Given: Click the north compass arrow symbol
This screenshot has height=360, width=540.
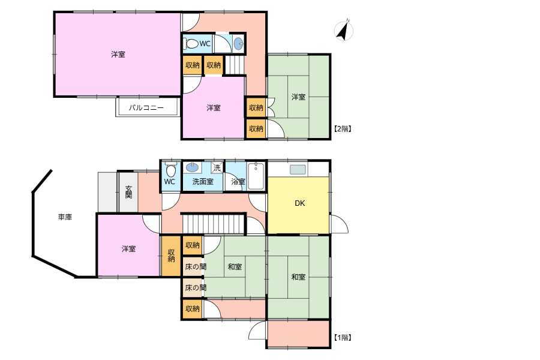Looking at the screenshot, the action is (343, 31).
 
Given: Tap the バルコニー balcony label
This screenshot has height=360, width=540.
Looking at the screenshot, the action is (146, 108).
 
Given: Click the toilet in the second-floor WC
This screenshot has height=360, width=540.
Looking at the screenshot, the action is (190, 44).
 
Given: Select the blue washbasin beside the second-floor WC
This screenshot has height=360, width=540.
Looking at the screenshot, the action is (239, 44).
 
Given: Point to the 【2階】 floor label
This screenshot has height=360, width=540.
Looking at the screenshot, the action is (343, 129).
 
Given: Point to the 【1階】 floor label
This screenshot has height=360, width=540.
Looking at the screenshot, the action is (343, 338).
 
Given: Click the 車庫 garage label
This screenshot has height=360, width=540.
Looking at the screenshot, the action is (65, 217).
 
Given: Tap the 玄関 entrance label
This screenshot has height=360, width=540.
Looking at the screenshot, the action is (128, 192).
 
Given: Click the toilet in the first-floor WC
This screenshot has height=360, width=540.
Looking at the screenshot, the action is (170, 169).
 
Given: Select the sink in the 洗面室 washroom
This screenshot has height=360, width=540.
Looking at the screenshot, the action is (193, 167).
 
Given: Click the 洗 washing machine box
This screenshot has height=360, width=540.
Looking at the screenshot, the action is (217, 168).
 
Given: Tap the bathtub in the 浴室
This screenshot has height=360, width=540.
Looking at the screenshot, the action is (256, 176).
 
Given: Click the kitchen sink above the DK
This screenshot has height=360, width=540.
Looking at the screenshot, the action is (298, 169).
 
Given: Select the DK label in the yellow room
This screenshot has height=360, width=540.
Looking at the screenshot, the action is (299, 203).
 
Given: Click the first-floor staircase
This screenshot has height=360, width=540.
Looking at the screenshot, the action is (214, 224).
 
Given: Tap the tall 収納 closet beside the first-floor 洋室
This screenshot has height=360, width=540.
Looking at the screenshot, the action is (171, 256).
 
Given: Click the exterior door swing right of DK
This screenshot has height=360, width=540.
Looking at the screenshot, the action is (339, 224).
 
